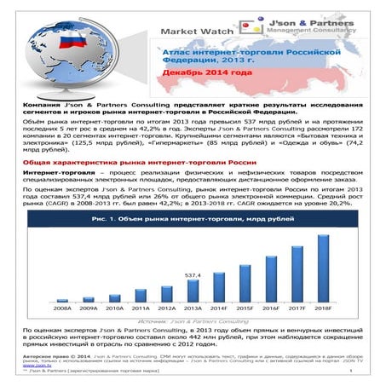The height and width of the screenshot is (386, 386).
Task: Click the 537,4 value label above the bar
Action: pyautogui.click(x=193, y=276)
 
